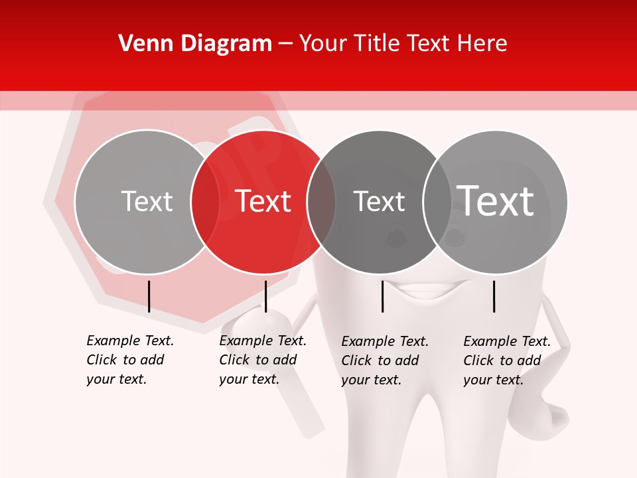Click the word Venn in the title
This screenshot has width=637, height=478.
140,44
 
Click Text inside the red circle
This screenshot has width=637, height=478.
263,201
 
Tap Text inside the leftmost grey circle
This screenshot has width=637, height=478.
147,201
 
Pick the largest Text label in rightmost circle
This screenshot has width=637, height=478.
496,200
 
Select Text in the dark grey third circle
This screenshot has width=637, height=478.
379,201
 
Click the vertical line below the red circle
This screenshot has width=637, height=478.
265,296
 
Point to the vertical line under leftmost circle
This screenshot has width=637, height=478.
149,296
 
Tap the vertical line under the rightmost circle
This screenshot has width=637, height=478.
494,296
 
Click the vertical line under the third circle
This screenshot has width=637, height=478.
382,296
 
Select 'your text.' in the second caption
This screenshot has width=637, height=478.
249,379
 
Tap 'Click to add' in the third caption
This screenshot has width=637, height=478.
380,360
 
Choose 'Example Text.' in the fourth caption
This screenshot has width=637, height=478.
507,341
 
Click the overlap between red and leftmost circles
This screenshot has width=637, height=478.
205,201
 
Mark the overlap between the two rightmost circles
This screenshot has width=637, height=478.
437,201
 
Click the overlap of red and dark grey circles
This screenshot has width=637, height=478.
321,201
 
